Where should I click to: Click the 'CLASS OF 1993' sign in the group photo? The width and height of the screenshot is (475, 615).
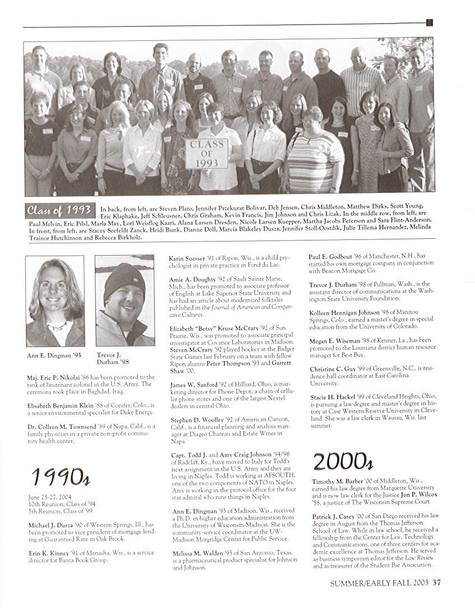[x=207, y=154]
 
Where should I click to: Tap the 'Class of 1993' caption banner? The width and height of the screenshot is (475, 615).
[x=59, y=211]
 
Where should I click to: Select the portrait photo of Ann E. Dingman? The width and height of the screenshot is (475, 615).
[x=55, y=301]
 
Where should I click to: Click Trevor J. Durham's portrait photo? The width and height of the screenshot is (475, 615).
[x=124, y=301]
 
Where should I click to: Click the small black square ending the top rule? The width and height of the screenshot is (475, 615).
[x=430, y=22]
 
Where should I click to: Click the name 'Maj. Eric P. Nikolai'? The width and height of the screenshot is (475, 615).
[x=54, y=377]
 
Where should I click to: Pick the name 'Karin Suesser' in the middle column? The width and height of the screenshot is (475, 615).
[x=186, y=258]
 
